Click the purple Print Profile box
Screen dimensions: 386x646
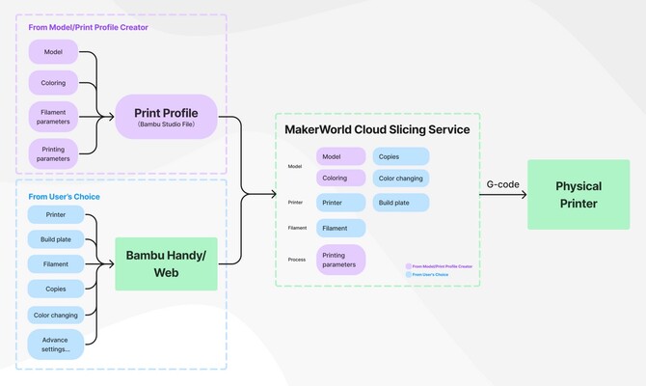coord(166,117)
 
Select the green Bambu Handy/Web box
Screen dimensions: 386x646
coord(166,263)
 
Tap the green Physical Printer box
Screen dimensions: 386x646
coord(578,194)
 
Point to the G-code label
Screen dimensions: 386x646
coord(503,183)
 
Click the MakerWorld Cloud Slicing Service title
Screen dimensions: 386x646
coord(377,129)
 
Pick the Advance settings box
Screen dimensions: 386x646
coord(55,344)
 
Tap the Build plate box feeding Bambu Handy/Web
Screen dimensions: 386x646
coord(55,238)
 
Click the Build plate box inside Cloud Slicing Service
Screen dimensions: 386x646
coord(397,203)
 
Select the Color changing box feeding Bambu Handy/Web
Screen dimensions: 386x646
coord(55,315)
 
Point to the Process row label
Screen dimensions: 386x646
coord(296,260)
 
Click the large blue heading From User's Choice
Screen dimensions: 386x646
coord(64,197)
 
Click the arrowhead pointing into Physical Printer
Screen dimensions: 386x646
coord(524,195)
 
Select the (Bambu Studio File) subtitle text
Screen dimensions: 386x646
coord(166,125)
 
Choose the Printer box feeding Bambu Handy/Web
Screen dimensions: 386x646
coord(55,213)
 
